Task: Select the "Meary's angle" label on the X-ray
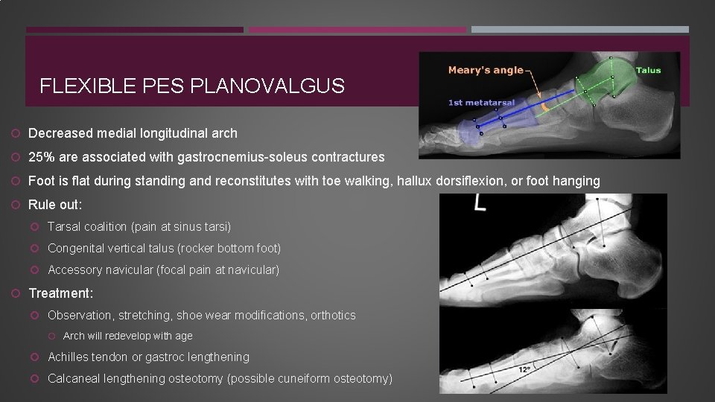[x=486, y=70]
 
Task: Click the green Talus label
[x=647, y=71]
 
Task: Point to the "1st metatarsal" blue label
[x=481, y=103]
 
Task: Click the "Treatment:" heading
[x=61, y=294]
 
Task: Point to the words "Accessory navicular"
[x=101, y=269]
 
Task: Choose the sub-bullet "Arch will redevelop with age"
[x=127, y=336]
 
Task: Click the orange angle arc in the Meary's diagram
[x=545, y=107]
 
